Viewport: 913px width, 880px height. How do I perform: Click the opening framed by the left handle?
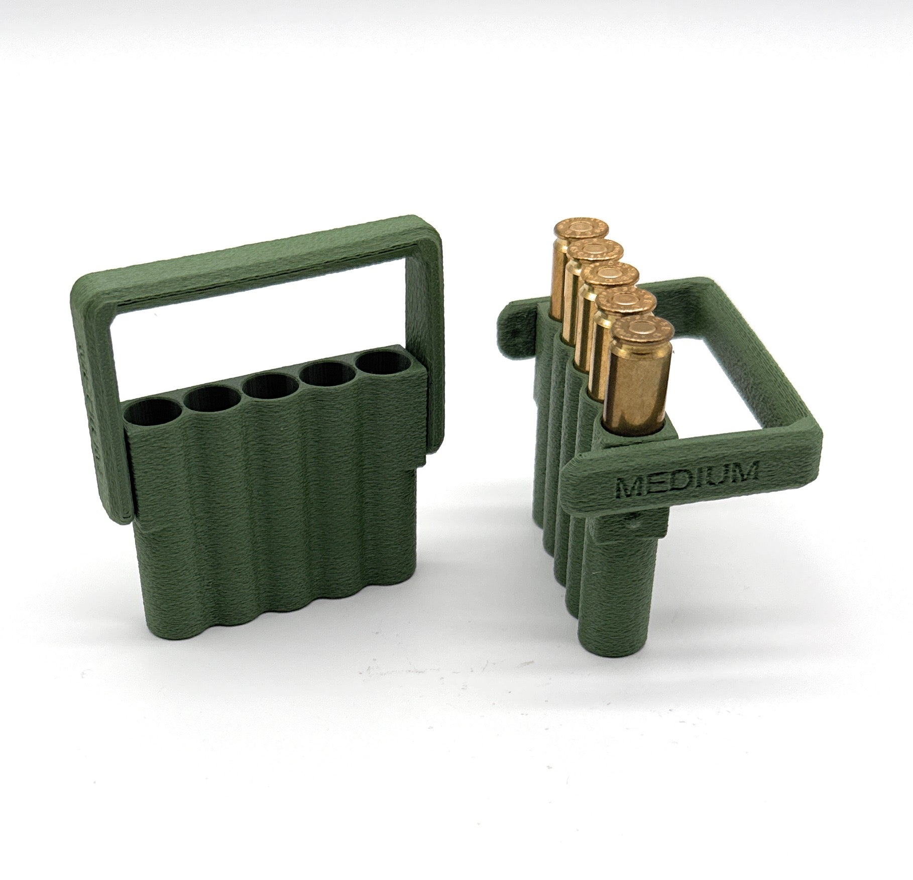[261, 321]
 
